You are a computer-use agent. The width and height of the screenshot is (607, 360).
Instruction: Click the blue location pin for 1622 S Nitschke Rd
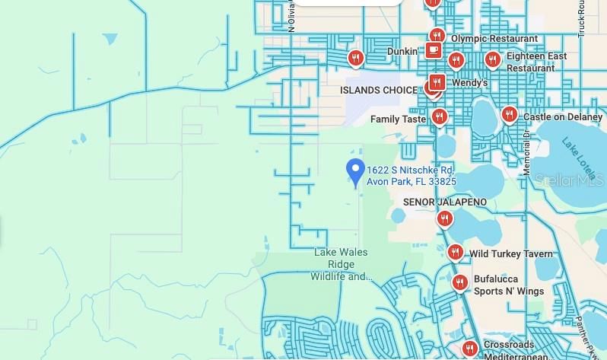tap(354, 171)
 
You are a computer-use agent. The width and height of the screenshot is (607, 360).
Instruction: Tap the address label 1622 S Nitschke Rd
tap(411, 176)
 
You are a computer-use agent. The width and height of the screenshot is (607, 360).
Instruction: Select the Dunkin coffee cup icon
tap(434, 50)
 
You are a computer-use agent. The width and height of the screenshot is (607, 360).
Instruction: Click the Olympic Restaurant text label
tap(494, 39)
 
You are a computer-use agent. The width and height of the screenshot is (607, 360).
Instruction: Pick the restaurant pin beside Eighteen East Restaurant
tap(492, 59)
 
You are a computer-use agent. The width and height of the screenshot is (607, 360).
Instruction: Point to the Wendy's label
tap(469, 82)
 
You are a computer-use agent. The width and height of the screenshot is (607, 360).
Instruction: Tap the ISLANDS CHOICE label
tap(378, 90)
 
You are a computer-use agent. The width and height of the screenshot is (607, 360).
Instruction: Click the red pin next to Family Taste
tap(439, 116)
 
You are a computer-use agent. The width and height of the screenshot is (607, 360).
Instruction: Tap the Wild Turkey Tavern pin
tap(455, 252)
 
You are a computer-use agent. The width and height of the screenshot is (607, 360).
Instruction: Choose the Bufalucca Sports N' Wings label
tap(509, 285)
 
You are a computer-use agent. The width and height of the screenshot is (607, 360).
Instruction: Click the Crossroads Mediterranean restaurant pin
tap(469, 349)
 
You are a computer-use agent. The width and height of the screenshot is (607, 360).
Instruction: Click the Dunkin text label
tap(402, 51)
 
